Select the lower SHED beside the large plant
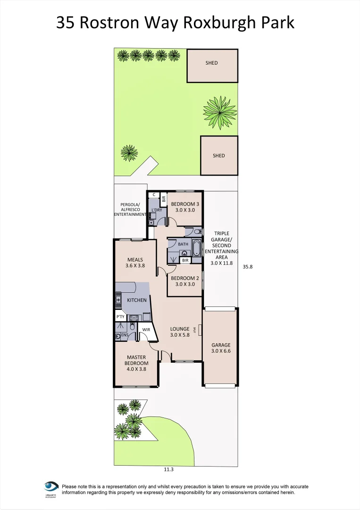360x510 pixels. coord(218,155)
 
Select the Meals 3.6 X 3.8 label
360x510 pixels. coord(134,263)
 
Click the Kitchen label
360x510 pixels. coord(137,300)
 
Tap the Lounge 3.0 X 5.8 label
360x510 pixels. coord(180,332)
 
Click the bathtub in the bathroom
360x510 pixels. coord(196,248)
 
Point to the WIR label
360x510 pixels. coord(146,330)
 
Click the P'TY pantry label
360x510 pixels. coord(120,317)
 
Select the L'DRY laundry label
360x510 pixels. coord(157,210)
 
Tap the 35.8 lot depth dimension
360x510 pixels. coord(248,267)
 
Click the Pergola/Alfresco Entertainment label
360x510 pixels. coord(130,209)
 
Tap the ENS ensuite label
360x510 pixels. coord(125,335)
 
